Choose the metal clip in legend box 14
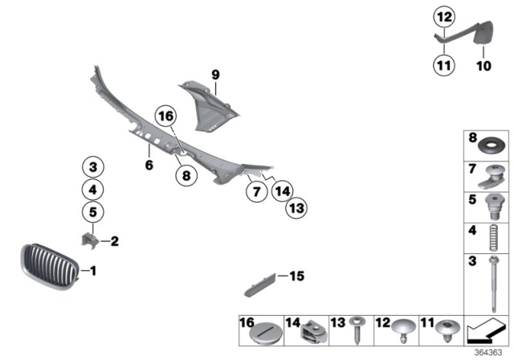(x=312, y=330)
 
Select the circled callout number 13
(x=296, y=208)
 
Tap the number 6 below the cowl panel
(x=149, y=166)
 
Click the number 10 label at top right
(x=483, y=67)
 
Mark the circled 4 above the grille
(x=93, y=190)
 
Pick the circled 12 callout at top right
(x=443, y=14)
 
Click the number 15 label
(x=296, y=277)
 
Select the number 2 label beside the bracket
(x=114, y=240)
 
